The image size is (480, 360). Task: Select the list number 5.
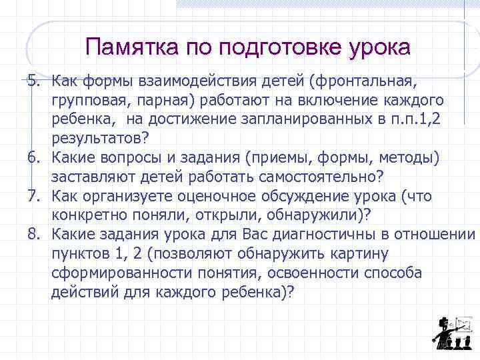point(33,81)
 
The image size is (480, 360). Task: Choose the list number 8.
point(33,235)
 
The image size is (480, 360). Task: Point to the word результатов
point(97,137)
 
